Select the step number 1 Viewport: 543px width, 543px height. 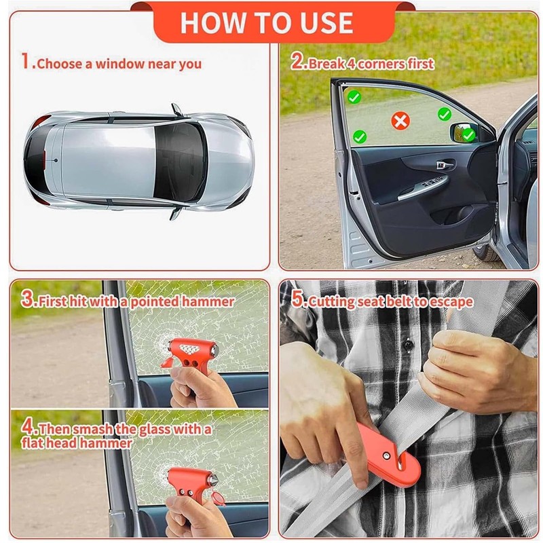(x=25, y=61)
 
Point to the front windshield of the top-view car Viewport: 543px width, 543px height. (x=180, y=163)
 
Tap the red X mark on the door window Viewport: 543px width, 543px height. (x=400, y=121)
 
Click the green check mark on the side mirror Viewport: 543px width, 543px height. (x=468, y=134)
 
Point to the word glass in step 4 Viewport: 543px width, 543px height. (x=155, y=430)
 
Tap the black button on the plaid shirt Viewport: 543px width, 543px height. (x=409, y=345)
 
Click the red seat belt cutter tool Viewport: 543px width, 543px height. (x=390, y=455)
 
